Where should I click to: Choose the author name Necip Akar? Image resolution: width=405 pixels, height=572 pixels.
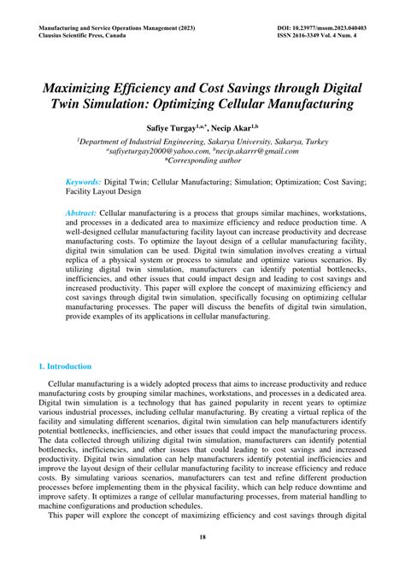[225, 125]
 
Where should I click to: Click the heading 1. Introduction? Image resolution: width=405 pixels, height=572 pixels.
[65, 366]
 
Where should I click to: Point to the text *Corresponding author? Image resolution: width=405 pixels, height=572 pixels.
[202, 161]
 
